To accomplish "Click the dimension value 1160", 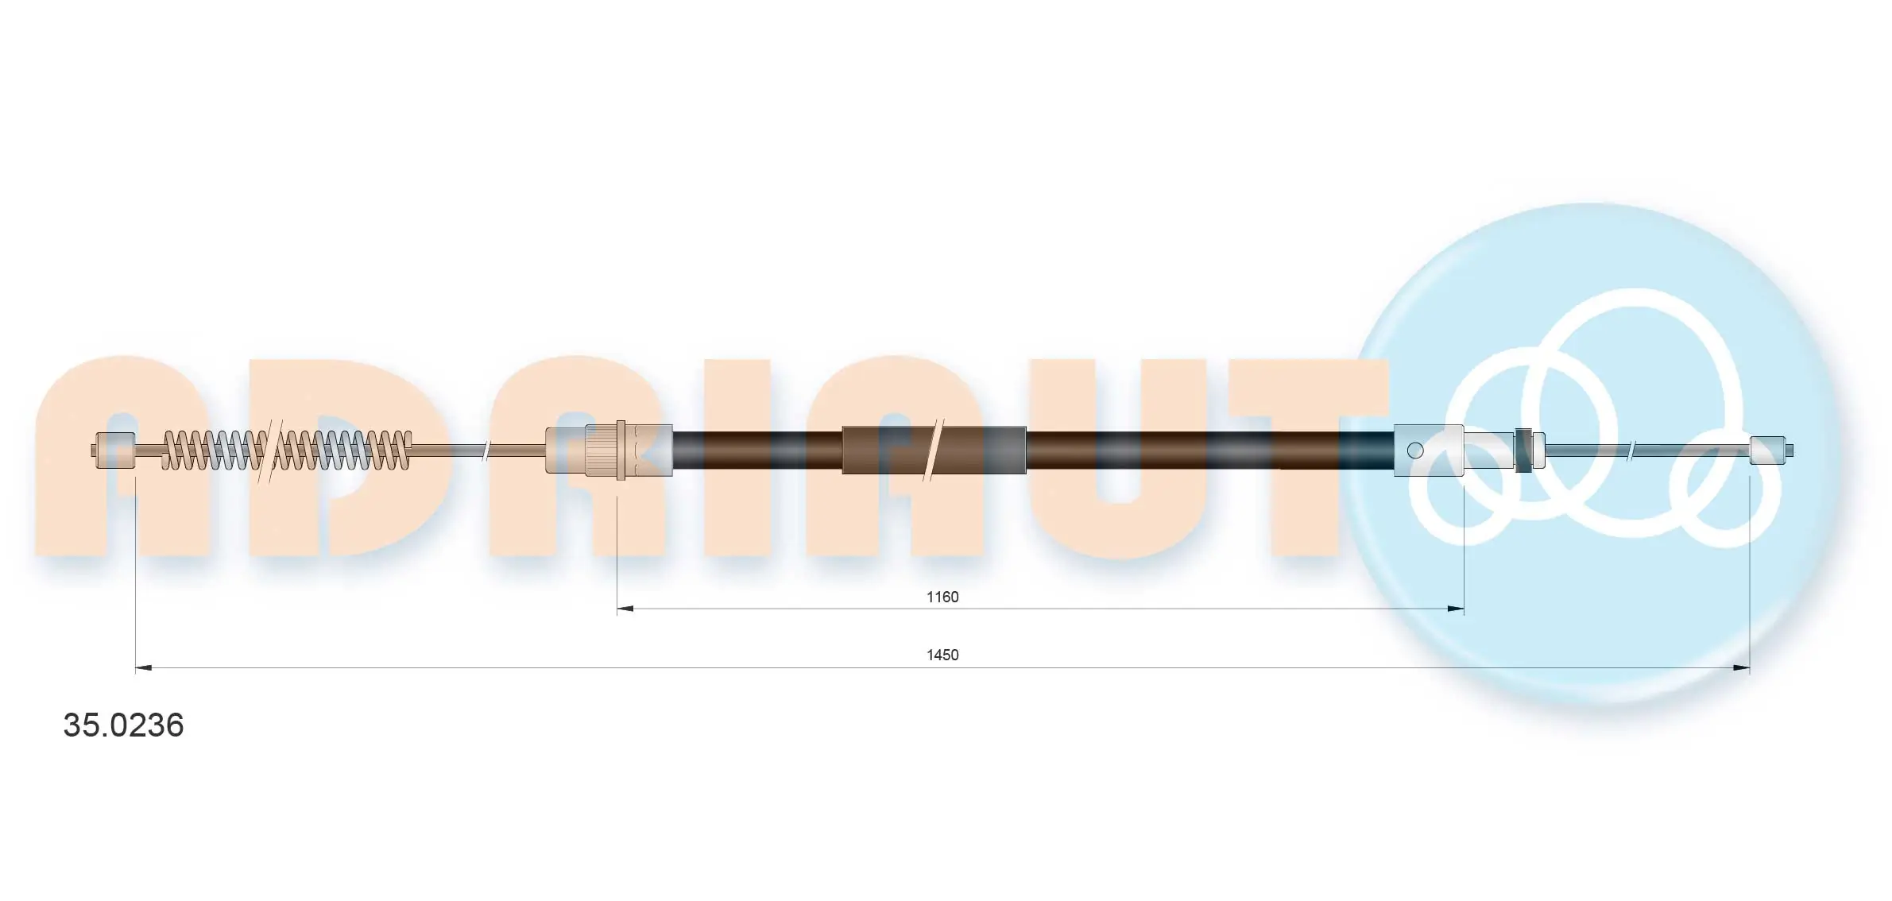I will point(942,597).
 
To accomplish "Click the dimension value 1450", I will point(942,655).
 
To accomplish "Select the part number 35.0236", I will point(123,725).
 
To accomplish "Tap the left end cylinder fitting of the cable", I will point(115,450).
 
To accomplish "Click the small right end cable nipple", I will point(1768,450).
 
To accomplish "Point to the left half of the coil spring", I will point(213,450).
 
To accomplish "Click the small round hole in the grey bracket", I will point(1414,450).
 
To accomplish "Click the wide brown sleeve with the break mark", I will point(934,450).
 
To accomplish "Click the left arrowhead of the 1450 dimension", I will point(144,668).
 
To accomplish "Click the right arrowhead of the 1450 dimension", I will point(1741,668).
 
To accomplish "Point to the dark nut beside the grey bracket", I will point(1522,450).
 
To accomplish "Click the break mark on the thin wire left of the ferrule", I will point(486,450).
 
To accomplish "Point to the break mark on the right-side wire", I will point(1632,450).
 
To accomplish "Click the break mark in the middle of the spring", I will point(270,450).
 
